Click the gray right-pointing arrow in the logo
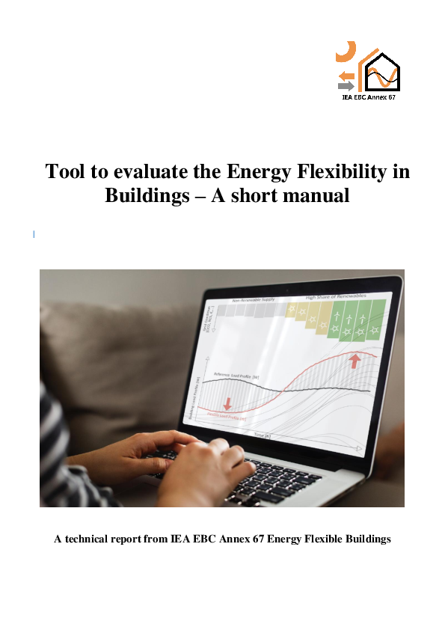coord(346,86)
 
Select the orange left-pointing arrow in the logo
coord(346,75)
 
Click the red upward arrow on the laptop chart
coord(354,363)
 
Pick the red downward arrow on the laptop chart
coord(227,405)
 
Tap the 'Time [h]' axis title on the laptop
coord(262,434)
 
